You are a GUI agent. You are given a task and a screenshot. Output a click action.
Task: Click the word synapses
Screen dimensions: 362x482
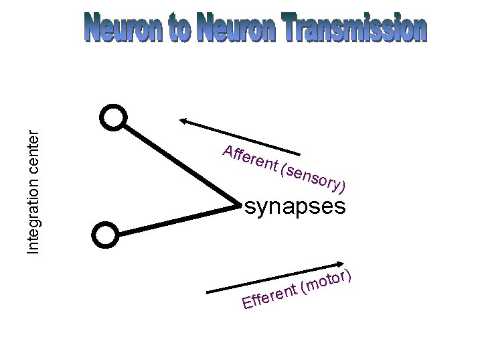(x=295, y=206)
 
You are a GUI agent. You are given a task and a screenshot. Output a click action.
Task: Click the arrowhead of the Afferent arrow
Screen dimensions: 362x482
(x=183, y=121)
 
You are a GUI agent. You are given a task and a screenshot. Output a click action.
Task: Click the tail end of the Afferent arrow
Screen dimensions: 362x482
(x=301, y=154)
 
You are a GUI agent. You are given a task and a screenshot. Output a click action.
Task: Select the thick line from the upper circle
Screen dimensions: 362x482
(x=177, y=162)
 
